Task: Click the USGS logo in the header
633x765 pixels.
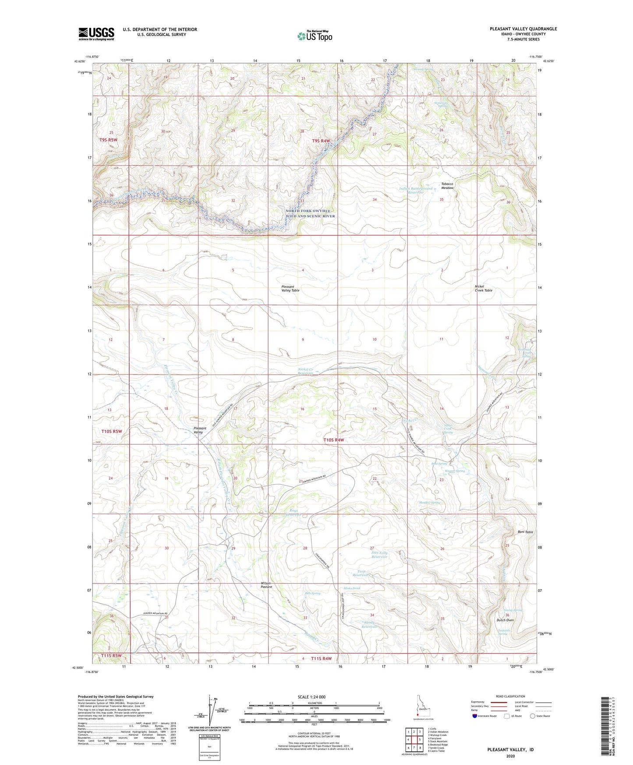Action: coord(96,34)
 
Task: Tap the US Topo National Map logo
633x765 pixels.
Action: coord(315,35)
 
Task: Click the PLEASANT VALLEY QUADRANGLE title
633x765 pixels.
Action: coord(523,29)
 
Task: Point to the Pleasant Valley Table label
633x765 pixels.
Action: coord(290,288)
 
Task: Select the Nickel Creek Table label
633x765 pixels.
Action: coord(483,288)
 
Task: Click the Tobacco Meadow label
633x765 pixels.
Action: coord(447,186)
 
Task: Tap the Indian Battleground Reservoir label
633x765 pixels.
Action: coord(415,190)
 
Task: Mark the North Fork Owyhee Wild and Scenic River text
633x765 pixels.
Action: coord(310,213)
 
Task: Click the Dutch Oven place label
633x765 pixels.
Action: coord(505,620)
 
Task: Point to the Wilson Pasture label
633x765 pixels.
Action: coord(266,585)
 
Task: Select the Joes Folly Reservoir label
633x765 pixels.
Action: coord(379,555)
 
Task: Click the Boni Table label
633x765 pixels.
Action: coord(525,532)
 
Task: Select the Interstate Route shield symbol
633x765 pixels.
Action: coord(475,716)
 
